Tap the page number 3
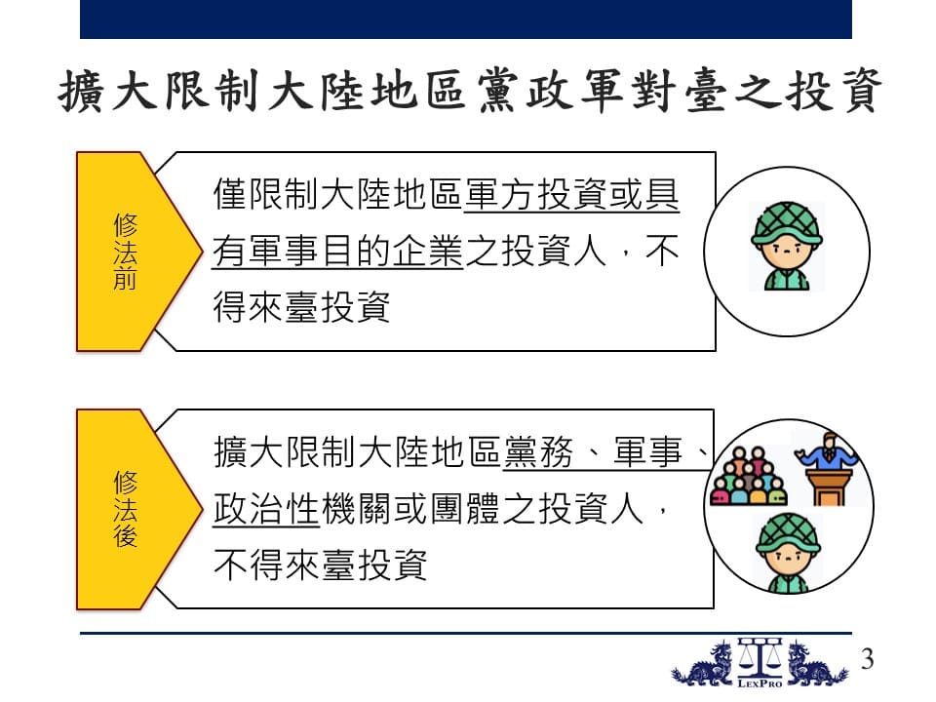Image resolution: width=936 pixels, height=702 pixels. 868,659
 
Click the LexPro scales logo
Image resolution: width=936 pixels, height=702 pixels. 760,663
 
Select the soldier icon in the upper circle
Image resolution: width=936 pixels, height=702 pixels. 787,246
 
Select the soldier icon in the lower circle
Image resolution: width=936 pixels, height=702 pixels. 788,553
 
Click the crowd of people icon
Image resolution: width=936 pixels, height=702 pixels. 748,477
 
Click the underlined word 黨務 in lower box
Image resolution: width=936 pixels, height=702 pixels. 538,451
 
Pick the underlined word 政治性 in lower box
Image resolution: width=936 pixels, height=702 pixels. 265,509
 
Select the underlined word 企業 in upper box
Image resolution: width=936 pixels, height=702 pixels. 427,251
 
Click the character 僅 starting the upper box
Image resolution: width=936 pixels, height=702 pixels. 230,195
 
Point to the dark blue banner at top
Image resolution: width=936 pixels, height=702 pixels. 466,19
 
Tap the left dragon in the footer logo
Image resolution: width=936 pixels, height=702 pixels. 703,665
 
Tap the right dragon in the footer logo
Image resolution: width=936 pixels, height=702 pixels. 817,665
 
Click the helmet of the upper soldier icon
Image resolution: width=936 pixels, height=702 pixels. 787,222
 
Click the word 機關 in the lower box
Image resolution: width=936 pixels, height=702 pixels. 356,509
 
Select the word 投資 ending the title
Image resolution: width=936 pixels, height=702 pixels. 834,92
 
